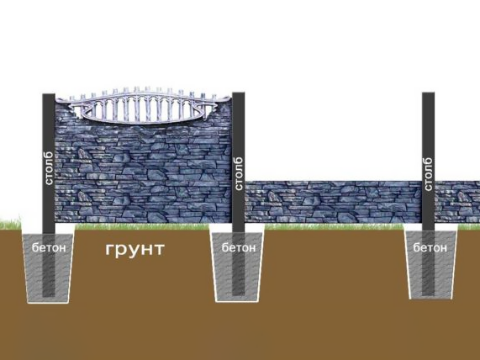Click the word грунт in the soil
(135, 250)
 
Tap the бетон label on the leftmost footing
(49, 247)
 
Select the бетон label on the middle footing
(239, 247)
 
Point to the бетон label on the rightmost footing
(430, 247)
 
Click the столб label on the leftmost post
(49, 168)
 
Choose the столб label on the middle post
(239, 174)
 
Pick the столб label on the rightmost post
(429, 174)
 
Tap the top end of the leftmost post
(49, 94)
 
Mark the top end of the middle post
(239, 93)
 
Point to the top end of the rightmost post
(428, 93)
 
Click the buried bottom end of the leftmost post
(49, 295)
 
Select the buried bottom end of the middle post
(239, 294)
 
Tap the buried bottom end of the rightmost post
(428, 294)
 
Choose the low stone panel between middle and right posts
(334, 202)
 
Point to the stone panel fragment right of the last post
(457, 202)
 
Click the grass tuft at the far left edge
(10, 224)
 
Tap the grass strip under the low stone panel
(334, 227)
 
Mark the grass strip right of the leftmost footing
(142, 227)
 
